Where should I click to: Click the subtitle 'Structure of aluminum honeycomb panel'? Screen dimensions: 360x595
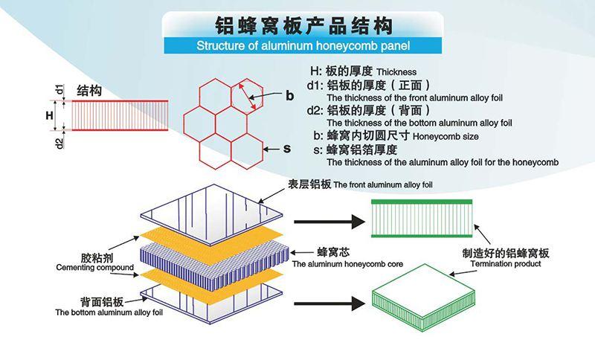[x=297, y=47]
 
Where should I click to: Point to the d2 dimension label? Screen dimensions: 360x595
[x=59, y=139]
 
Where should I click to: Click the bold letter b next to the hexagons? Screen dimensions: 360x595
[x=289, y=94]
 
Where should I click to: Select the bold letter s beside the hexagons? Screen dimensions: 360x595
[x=286, y=148]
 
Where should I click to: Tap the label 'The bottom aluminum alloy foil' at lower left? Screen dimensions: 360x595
[x=103, y=312]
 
